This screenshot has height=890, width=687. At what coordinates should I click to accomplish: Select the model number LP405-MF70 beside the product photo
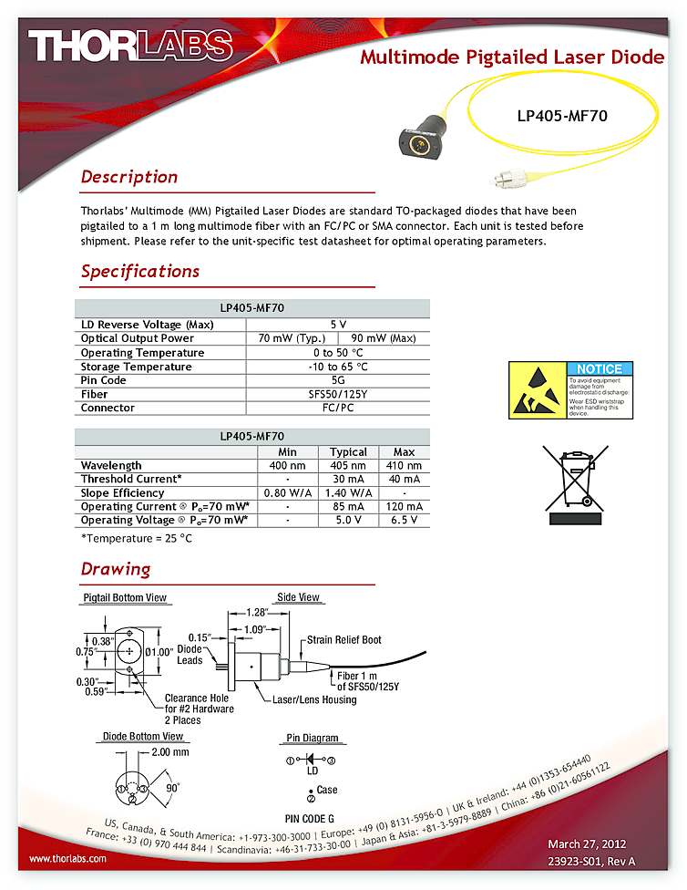pyautogui.click(x=561, y=116)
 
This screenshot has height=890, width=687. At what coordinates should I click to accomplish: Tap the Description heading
pyautogui.click(x=128, y=177)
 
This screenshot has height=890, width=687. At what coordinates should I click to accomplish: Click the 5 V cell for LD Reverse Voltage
pyautogui.click(x=337, y=325)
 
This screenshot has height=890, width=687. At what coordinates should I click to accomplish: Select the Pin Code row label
pyautogui.click(x=104, y=380)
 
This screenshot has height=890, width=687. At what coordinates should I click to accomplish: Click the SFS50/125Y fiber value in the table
pyautogui.click(x=337, y=394)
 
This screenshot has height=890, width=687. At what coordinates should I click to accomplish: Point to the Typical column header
pyautogui.click(x=348, y=451)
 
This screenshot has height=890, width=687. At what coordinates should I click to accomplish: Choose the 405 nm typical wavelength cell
pyautogui.click(x=348, y=465)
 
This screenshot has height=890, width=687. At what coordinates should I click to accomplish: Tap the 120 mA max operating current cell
pyautogui.click(x=404, y=506)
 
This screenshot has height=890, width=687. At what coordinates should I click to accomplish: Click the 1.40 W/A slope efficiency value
pyautogui.click(x=348, y=492)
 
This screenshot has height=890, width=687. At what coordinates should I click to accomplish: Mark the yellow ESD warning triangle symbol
pyautogui.click(x=537, y=389)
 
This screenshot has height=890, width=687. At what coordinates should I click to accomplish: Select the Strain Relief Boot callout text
pyautogui.click(x=343, y=640)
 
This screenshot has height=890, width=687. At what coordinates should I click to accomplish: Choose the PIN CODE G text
pyautogui.click(x=310, y=818)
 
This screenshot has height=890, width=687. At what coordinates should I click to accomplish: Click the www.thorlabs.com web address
pyautogui.click(x=68, y=858)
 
